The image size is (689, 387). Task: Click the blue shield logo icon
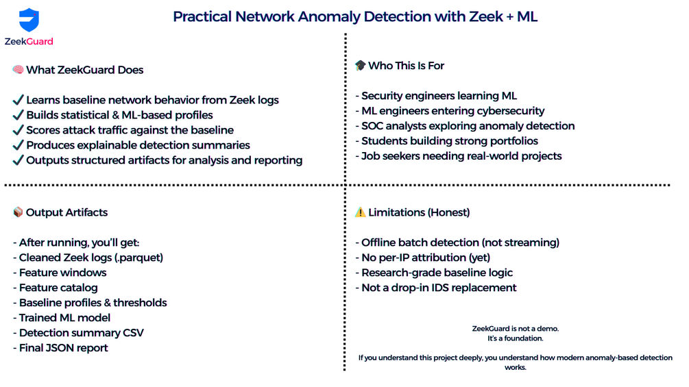tap(29, 20)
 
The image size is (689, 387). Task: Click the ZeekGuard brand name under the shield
tap(29, 42)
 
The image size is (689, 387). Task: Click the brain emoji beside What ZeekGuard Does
tap(18, 70)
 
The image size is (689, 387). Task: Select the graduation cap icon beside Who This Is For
tap(360, 66)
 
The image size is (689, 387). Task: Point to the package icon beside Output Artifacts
tap(18, 212)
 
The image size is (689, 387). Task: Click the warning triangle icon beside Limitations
tap(360, 212)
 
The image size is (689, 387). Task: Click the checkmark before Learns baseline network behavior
tap(19, 100)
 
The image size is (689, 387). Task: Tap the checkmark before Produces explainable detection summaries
tap(19, 145)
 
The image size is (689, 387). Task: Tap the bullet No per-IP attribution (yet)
tap(426, 258)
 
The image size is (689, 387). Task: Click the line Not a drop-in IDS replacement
tap(439, 288)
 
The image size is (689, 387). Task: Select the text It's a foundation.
tap(515, 338)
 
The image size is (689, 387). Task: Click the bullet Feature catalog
tap(58, 288)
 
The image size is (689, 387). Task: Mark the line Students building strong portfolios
tap(450, 141)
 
